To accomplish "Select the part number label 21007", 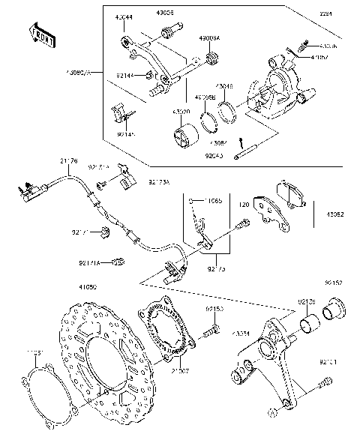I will coord(181,370).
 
